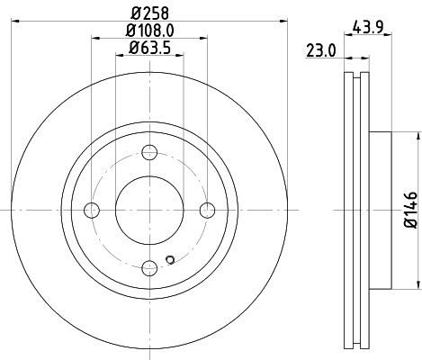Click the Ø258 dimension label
coord(149,13)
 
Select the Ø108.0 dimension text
coord(149,30)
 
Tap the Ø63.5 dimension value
coord(149,47)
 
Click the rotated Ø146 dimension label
coord(409,209)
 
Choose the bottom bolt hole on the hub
coord(149,267)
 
